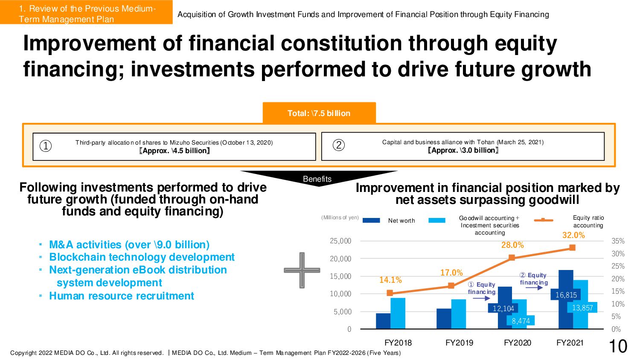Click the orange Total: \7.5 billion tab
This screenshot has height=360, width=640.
[x=319, y=113]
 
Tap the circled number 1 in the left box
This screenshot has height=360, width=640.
[x=46, y=146]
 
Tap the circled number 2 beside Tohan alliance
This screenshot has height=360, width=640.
[x=338, y=145]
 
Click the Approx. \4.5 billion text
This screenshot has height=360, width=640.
[x=174, y=151]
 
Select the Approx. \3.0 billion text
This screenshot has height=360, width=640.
[x=463, y=150]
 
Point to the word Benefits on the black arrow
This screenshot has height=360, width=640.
[x=317, y=179]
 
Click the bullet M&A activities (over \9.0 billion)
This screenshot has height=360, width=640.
[x=129, y=245]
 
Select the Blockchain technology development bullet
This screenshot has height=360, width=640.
[x=142, y=257]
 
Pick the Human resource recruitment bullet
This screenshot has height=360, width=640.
[x=122, y=296]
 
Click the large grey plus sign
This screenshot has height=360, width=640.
[x=302, y=270]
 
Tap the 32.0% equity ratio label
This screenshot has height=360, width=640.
[x=573, y=235]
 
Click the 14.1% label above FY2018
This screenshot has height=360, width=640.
[x=390, y=280]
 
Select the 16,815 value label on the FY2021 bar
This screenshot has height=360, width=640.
[x=566, y=295]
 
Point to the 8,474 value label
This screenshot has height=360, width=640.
[x=521, y=321]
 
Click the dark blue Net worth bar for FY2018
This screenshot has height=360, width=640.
[x=383, y=321]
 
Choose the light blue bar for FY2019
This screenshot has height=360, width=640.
[x=459, y=314]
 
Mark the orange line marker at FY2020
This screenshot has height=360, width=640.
[x=512, y=258]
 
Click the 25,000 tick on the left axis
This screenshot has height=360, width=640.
[x=340, y=241]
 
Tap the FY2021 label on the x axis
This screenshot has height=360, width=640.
[x=570, y=343]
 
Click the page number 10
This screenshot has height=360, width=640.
[x=617, y=346]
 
